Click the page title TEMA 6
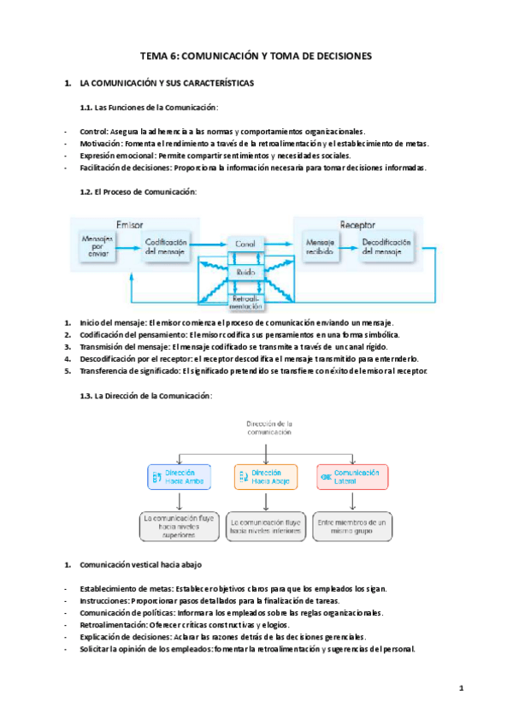[x=256, y=56]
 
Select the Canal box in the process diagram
[x=245, y=245]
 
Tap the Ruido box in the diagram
[x=245, y=272]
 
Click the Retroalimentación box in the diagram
[x=245, y=302]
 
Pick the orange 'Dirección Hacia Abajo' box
[x=266, y=477]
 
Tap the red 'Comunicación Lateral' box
[x=352, y=477]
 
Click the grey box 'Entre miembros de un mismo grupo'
[x=351, y=526]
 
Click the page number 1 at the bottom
[x=460, y=688]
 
